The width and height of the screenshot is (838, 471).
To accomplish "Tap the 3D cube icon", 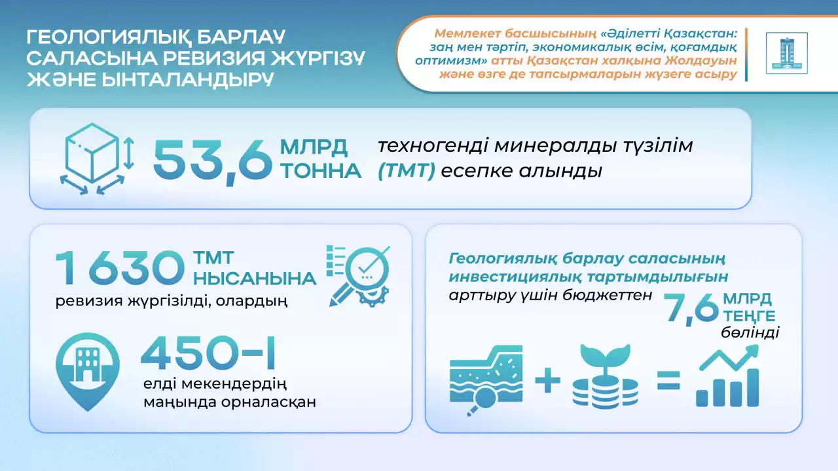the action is (96, 158).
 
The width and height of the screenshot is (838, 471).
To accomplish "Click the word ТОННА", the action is (321, 171).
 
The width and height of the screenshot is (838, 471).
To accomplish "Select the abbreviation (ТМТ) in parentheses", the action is (407, 171).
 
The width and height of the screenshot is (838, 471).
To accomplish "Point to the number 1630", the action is (120, 268).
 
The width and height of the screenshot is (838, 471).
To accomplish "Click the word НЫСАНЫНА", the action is (255, 279).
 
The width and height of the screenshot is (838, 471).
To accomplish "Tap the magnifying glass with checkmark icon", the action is (358, 276).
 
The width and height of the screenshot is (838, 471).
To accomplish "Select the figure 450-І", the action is (208, 352).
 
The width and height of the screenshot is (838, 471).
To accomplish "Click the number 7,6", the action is (691, 309).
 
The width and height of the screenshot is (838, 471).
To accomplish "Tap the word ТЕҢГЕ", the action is (749, 316).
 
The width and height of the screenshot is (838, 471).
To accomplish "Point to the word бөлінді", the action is (750, 332).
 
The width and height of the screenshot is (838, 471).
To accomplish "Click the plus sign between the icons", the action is (548, 380).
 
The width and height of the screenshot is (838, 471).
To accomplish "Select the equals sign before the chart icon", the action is (668, 381).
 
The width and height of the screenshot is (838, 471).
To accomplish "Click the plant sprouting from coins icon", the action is (606, 376).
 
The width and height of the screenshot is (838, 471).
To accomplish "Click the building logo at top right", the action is (787, 53).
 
